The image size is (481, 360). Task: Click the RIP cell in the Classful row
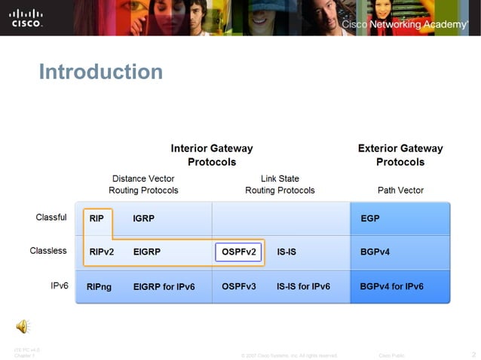97,218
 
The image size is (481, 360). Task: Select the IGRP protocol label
144,218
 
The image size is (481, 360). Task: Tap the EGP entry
370,218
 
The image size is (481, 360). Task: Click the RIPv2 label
101,252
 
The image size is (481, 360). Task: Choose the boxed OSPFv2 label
239,252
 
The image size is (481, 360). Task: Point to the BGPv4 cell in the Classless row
375,252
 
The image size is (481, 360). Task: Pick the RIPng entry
100,287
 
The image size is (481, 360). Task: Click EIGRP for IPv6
164,287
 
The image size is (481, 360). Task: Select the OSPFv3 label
239,287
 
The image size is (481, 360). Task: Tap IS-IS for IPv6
303,287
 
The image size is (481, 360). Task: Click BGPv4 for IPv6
391,287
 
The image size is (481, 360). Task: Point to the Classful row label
51,218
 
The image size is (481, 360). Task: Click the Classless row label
48,251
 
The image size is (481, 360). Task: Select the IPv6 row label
60,285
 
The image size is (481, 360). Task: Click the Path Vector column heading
400,191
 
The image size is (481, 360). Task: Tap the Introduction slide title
100,72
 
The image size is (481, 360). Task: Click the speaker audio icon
23,326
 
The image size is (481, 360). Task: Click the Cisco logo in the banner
26,17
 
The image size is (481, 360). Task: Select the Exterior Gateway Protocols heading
400,155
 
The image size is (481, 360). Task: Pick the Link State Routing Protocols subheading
280,185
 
